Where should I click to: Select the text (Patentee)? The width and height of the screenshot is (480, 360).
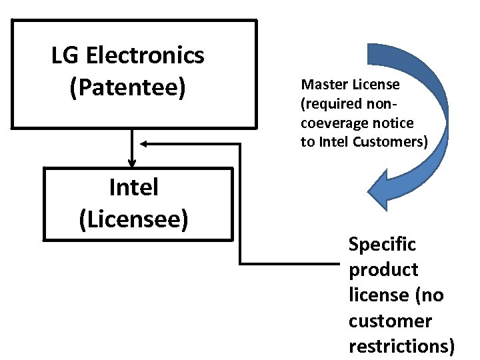[127, 87]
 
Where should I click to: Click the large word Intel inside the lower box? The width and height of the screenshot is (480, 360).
[133, 187]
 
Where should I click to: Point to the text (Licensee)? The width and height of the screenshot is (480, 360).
[133, 219]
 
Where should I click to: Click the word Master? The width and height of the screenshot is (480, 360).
[323, 85]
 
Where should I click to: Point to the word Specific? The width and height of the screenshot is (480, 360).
[382, 245]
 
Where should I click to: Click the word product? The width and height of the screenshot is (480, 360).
[383, 270]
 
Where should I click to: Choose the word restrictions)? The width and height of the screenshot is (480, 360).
[402, 347]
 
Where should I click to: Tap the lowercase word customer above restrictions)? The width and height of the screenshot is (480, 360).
[390, 321]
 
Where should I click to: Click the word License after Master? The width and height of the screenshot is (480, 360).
[376, 85]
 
